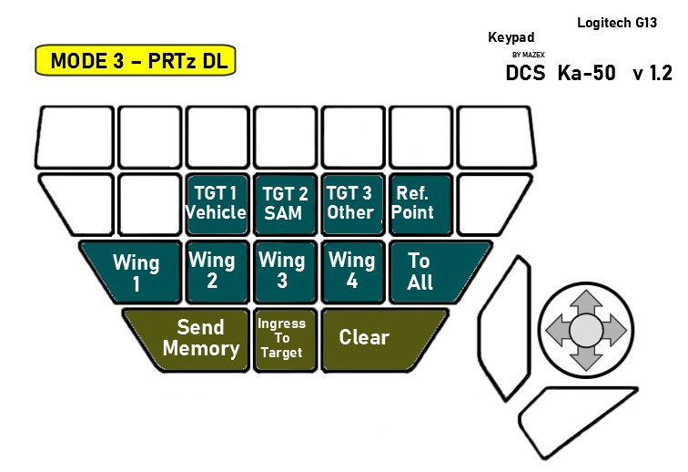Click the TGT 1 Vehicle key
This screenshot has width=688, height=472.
click(216, 203)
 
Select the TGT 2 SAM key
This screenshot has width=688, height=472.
click(285, 203)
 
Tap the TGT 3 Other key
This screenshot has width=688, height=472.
click(350, 203)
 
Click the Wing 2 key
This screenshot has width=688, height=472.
click(212, 270)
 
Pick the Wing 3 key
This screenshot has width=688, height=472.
click(282, 270)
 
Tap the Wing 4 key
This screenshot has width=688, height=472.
click(351, 270)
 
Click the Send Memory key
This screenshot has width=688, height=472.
click(196, 337)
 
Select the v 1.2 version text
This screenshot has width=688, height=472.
click(652, 74)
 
